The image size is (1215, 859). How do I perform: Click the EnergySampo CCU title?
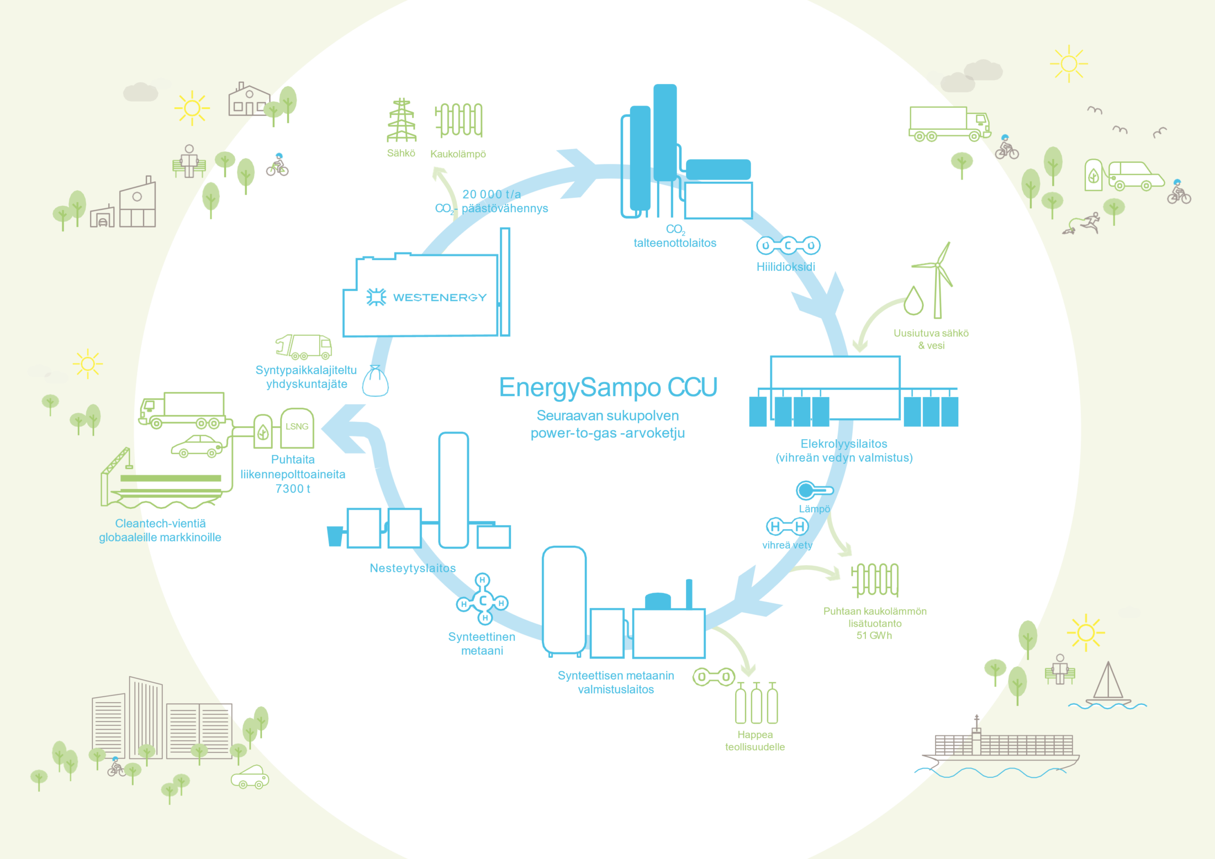point(608,387)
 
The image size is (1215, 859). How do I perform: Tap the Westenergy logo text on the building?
point(440,298)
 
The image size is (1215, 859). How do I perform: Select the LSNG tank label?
point(297,426)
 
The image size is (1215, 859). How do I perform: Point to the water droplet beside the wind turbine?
point(913,301)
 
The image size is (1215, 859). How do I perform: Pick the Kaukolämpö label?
point(458,154)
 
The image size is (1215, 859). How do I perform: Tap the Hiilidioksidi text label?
point(785,267)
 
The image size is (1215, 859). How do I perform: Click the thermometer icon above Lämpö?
point(813,490)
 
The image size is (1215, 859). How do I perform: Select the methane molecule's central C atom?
point(483,601)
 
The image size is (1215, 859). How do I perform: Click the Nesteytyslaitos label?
point(413,568)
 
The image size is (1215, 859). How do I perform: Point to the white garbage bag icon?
point(376,382)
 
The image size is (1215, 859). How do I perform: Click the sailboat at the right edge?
point(1107,685)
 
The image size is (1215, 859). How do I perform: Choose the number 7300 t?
point(293,489)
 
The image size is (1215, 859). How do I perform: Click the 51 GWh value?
point(874,636)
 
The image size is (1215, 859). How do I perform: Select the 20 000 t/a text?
point(492,194)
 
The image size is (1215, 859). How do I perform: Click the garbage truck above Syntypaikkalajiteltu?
point(304,347)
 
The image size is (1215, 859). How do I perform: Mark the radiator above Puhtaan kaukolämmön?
point(875,580)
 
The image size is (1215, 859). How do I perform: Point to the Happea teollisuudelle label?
point(755,741)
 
